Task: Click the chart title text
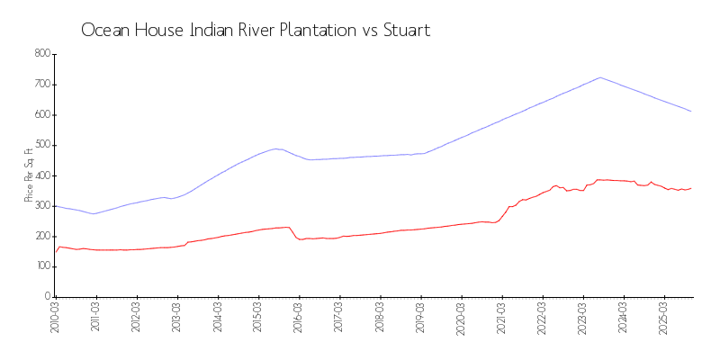[x=256, y=31]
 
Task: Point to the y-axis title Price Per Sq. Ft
[x=30, y=175]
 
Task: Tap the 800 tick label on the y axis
[x=41, y=54]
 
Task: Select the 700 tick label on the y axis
[x=41, y=85]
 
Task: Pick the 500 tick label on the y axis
[x=41, y=145]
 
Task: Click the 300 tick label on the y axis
[x=41, y=205]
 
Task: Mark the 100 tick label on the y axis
[x=41, y=266]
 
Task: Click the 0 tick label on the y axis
[x=47, y=296]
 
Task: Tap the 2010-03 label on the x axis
[x=55, y=317]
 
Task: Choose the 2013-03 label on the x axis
[x=177, y=317]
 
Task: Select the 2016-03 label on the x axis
[x=299, y=317]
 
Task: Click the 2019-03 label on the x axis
[x=421, y=317]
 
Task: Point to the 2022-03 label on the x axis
[x=543, y=317]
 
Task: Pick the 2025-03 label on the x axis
[x=664, y=317]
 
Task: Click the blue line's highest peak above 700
[x=600, y=77]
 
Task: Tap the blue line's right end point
[x=691, y=112]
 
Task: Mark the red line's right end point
[x=691, y=188]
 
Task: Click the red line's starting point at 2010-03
[x=55, y=252]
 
